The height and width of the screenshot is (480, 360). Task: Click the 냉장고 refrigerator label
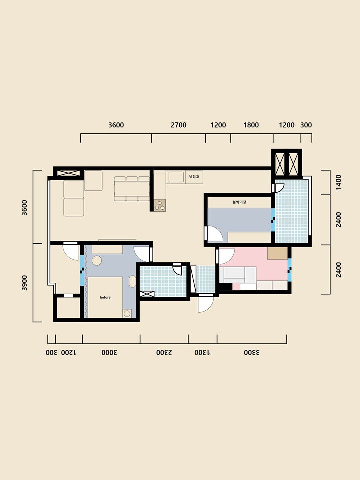194,177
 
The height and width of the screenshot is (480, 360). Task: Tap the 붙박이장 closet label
239,202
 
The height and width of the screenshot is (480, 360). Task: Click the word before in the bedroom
105,297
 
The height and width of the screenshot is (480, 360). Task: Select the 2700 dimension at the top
179,125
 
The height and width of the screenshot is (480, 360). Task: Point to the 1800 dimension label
251,125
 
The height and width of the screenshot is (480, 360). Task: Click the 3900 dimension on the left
25,283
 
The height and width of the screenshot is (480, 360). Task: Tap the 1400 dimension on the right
338,182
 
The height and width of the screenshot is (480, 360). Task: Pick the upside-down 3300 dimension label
252,352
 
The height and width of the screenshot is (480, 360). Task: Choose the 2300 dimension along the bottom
164,352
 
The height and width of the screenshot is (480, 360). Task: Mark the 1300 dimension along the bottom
202,352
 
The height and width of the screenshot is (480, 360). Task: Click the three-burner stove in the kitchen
160,205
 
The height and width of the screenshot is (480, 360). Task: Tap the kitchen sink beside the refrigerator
176,177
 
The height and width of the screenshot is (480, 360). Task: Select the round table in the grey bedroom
97,261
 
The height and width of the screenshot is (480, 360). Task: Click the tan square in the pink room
277,253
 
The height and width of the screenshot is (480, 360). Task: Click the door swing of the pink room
227,256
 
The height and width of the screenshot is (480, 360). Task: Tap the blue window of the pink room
289,270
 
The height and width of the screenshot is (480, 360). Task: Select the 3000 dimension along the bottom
109,352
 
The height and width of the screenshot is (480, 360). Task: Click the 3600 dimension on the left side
25,208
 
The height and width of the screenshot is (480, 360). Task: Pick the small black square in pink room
226,287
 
